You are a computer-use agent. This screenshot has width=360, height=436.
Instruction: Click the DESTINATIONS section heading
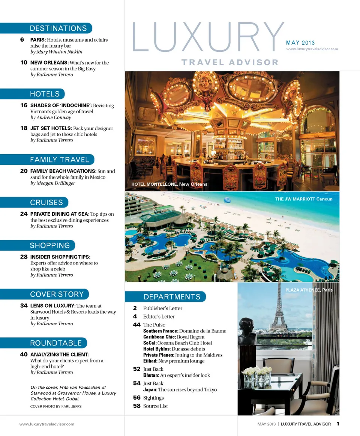pos(58,29)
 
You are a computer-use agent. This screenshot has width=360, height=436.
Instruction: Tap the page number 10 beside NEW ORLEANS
pos(24,63)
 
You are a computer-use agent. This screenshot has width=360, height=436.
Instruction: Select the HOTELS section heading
pos(45,94)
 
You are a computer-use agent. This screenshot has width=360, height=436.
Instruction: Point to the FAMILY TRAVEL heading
pos(59,160)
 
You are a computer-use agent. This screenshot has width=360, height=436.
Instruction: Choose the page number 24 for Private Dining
pos(24,214)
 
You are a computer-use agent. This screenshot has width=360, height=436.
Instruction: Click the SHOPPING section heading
pos(50,245)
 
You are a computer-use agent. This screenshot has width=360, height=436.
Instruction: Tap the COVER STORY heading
pos(57,294)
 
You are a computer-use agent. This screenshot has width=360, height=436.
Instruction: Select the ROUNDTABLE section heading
pos(55,343)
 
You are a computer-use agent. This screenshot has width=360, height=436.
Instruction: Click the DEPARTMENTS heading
pos(172,297)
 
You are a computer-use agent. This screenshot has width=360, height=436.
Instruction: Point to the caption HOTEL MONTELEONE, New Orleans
pos(169,184)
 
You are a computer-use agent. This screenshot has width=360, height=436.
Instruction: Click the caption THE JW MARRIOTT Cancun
pos(304,199)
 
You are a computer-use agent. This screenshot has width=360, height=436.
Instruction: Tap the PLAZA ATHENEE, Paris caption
pos(309,290)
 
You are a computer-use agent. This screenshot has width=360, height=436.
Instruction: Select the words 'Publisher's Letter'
pos(163,308)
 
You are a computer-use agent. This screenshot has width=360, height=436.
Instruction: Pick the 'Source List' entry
pos(155,406)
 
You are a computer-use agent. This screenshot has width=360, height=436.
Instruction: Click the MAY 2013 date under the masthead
pos(300,43)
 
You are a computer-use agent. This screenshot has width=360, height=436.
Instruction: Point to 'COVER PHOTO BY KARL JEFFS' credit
pos(56,406)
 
